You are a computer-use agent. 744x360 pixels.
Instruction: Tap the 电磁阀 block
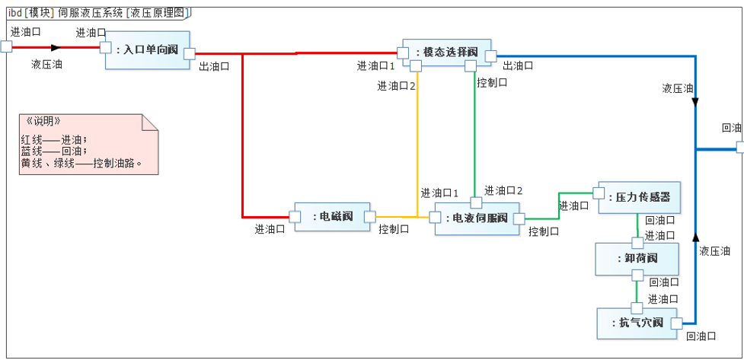click(332, 217)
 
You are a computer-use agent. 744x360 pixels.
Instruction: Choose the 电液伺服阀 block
click(477, 218)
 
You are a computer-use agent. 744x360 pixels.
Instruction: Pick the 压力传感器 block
click(638, 197)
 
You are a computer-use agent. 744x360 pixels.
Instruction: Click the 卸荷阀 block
click(637, 259)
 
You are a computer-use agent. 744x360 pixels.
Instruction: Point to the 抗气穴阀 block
click(637, 323)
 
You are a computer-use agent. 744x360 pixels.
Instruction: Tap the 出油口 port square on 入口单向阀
click(189, 53)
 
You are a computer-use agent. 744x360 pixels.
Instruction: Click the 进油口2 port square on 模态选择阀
click(416, 66)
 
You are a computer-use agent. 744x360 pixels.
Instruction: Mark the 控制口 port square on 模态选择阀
click(471, 66)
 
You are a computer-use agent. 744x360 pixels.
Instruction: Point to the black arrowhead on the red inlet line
click(55, 47)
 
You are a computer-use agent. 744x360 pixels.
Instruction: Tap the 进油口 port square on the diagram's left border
click(6, 47)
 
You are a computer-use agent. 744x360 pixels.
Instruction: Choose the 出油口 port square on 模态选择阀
click(491, 56)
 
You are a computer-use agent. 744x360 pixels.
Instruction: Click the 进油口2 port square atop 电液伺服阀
click(476, 202)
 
